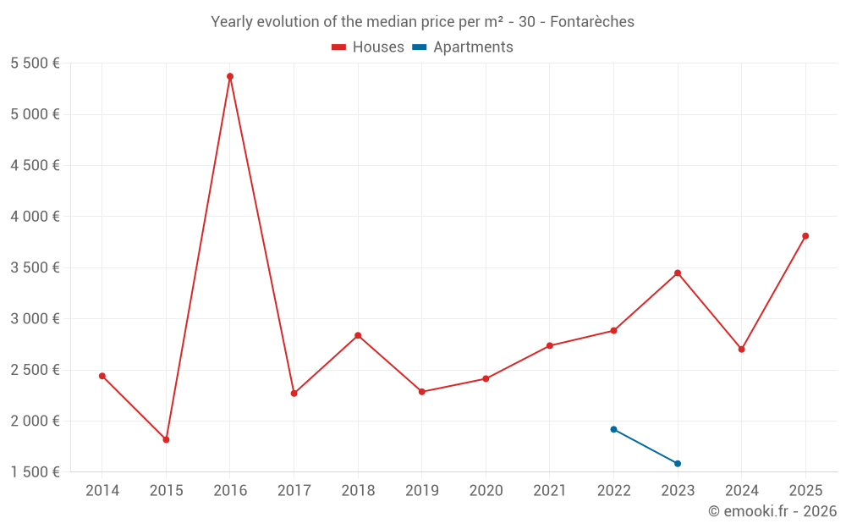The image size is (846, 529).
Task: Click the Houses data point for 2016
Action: (230, 76)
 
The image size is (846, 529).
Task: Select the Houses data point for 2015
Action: (166, 439)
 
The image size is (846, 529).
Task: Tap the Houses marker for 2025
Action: (805, 236)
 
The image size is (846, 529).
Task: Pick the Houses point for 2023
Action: (678, 273)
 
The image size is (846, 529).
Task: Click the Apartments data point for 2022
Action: (613, 429)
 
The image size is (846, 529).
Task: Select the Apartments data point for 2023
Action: (678, 463)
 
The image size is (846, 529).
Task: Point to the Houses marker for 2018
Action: (358, 335)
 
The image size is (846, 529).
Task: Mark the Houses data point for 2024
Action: (741, 349)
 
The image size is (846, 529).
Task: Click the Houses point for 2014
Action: (102, 376)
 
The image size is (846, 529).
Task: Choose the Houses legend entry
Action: (368, 47)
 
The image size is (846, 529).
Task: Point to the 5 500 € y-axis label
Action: (35, 63)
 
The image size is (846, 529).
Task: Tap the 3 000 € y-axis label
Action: (35, 318)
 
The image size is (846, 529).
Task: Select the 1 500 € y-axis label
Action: (35, 471)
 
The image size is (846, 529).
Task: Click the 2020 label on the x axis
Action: (486, 491)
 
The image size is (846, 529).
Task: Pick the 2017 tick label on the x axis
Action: (294, 491)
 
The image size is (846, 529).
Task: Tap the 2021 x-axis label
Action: (550, 491)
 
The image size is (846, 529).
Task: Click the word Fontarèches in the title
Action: (592, 22)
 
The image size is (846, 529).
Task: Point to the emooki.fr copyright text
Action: (772, 511)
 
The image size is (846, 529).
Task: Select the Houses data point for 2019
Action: (421, 392)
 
